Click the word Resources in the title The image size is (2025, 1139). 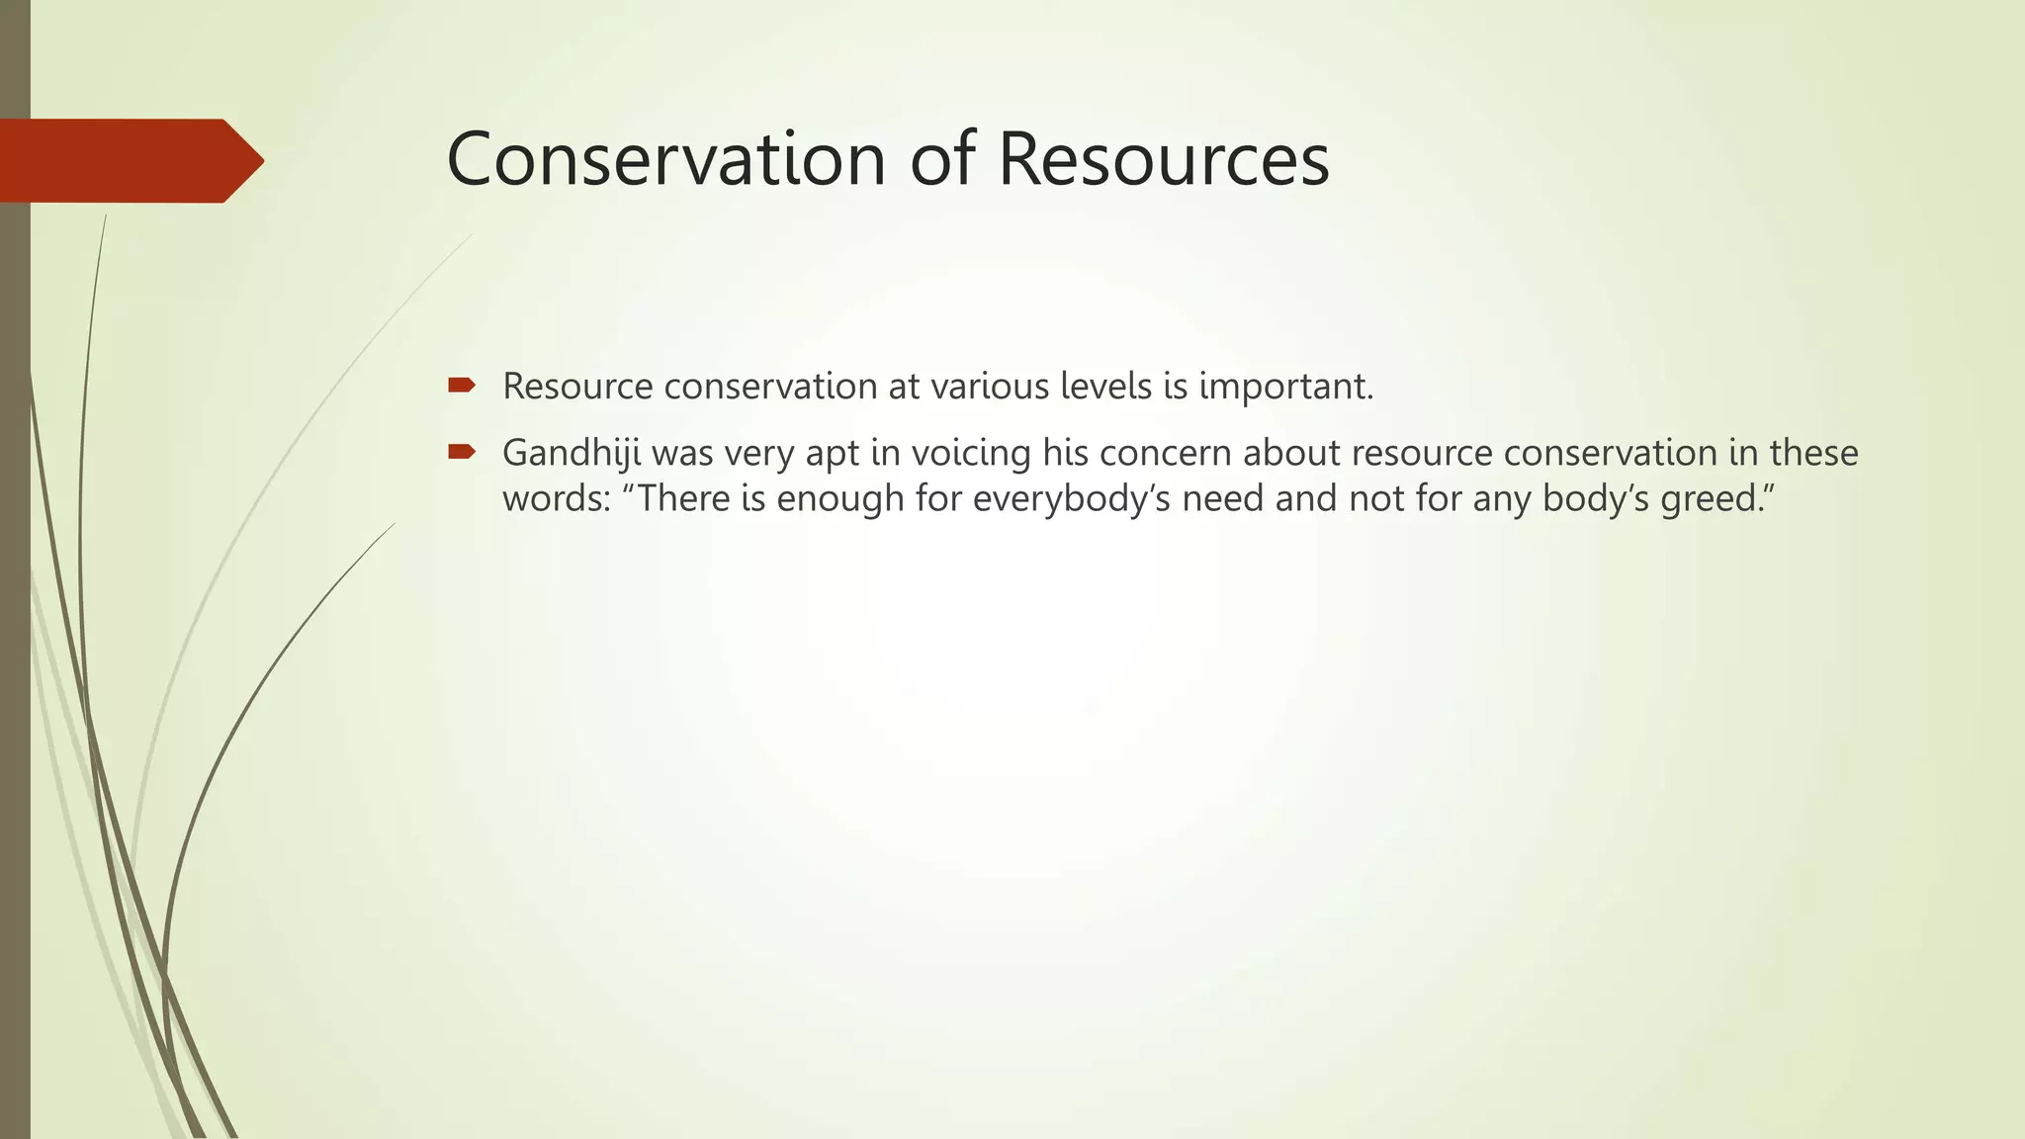(x=1164, y=159)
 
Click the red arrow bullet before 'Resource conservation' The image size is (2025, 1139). (x=461, y=385)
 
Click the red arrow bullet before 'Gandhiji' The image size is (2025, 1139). (x=461, y=452)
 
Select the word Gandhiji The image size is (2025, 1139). (x=572, y=454)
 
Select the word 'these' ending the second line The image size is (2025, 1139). (x=1813, y=453)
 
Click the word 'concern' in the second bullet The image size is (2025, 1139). (x=1165, y=454)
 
